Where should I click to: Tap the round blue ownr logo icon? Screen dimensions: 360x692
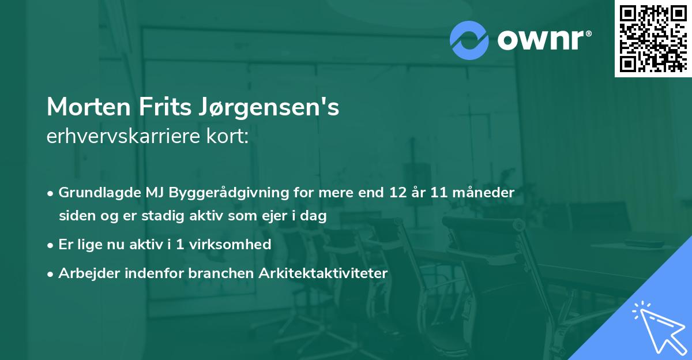[469, 40]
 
